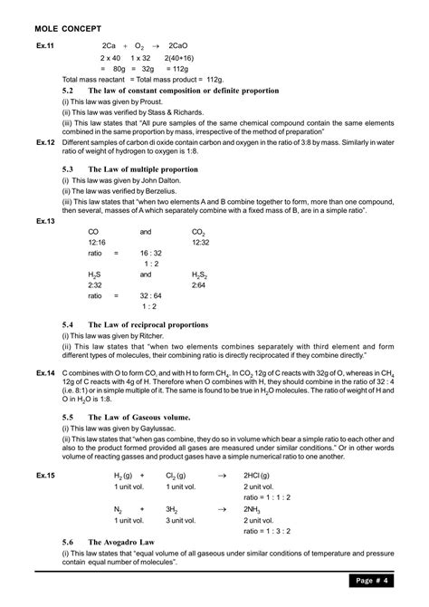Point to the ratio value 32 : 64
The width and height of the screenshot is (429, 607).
point(151,295)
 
